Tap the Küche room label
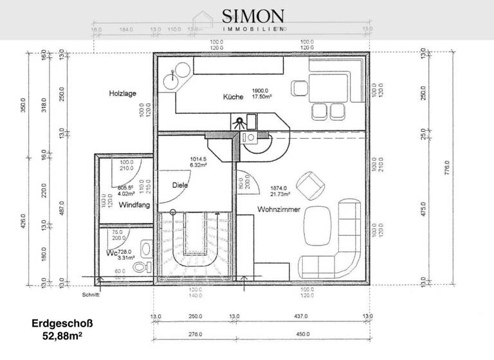(233, 97)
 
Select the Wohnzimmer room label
(279, 210)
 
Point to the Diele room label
(179, 185)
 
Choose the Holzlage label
(122, 93)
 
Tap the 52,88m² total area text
(59, 336)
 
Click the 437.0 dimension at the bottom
(300, 316)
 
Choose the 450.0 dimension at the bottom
(300, 334)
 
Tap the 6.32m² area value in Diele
(197, 165)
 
